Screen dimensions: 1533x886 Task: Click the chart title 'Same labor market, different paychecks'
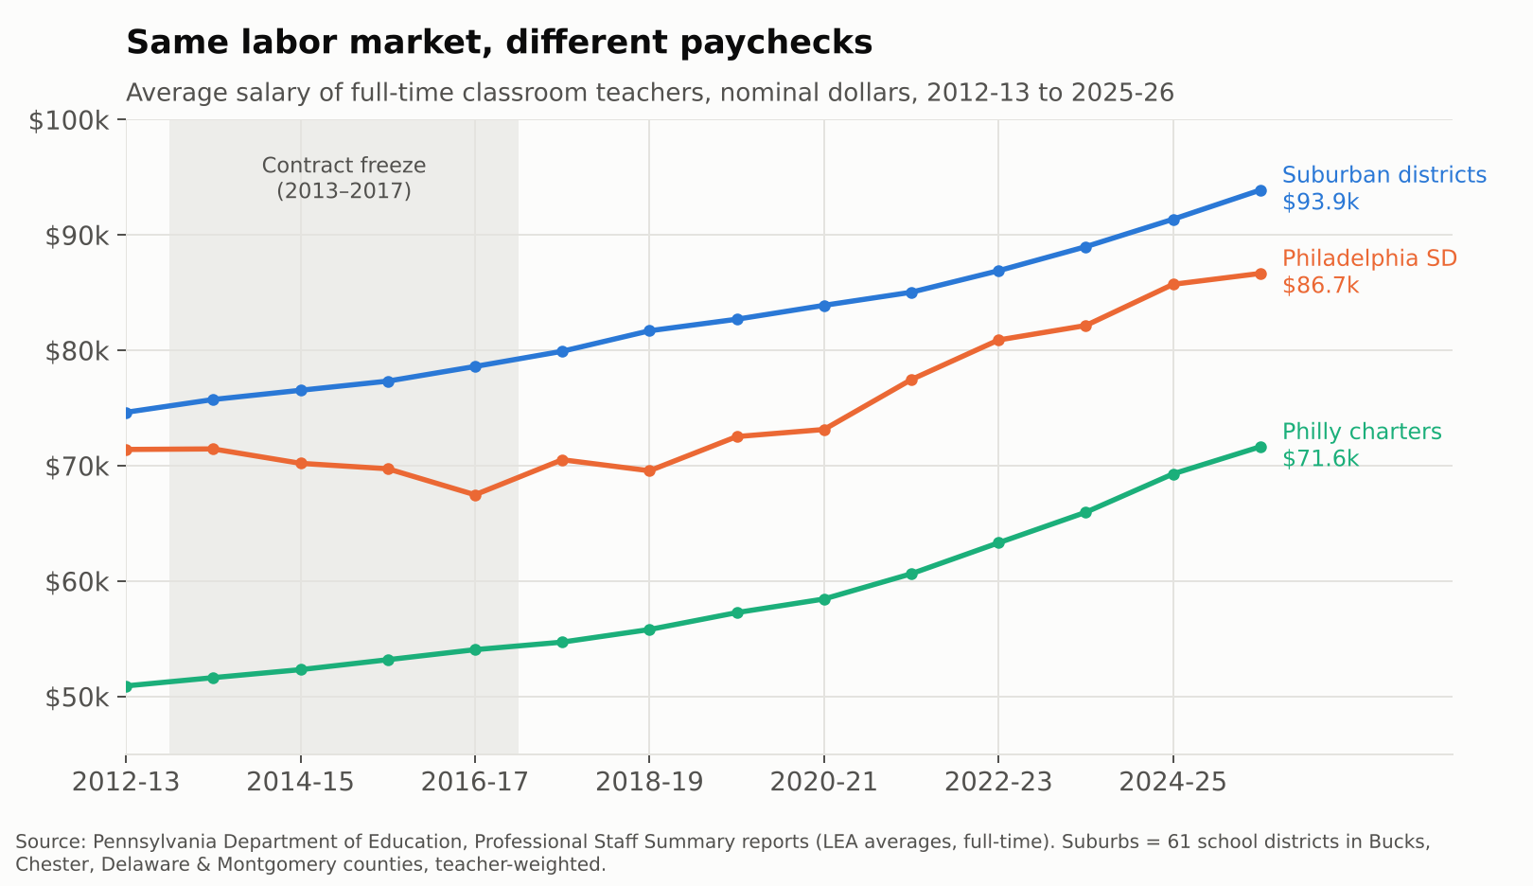pos(499,43)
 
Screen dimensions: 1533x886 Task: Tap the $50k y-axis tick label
pos(77,698)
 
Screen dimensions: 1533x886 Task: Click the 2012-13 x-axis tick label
pos(126,782)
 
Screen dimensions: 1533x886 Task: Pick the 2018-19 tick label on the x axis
pos(649,782)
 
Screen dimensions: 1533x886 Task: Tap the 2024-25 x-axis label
pos(1173,782)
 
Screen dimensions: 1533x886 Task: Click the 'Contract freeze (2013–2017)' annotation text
pos(344,178)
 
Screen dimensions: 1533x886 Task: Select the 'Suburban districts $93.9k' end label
pos(1383,188)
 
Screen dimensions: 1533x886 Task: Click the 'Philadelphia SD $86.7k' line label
pos(1369,272)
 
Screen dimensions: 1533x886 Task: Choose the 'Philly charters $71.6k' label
pos(1361,445)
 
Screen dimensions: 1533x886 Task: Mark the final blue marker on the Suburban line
pos(1260,190)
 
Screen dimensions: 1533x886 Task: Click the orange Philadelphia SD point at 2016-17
pos(476,495)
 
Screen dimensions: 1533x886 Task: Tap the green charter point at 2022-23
pos(998,543)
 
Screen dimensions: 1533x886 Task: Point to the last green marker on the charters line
pos(1260,447)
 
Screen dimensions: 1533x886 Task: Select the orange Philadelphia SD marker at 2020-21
pos(824,430)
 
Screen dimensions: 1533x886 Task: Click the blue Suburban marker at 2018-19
pos(649,330)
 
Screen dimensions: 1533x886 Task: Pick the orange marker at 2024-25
pos(1173,284)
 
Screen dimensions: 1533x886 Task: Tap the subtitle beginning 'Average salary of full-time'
pos(650,93)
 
